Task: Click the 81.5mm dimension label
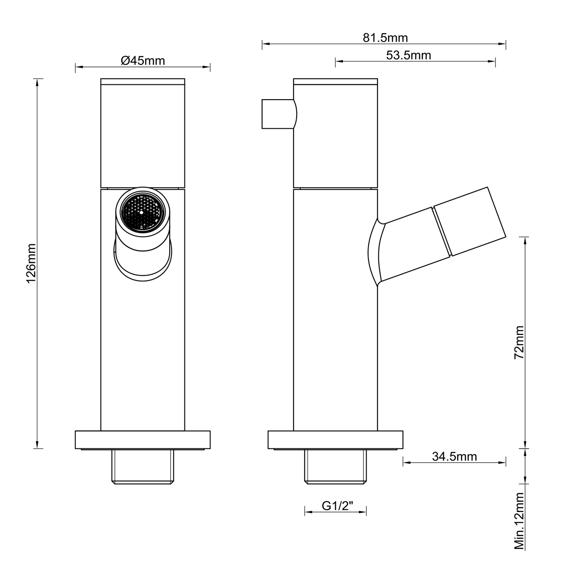pos(385,38)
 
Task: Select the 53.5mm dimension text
pos(408,55)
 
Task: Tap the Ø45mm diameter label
pos(143,61)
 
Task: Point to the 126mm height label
pos(31,263)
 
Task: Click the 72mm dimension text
pos(519,342)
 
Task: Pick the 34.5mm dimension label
pos(455,456)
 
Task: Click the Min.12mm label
pos(519,525)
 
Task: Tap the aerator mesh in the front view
pos(142,212)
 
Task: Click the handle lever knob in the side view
pos(279,114)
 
